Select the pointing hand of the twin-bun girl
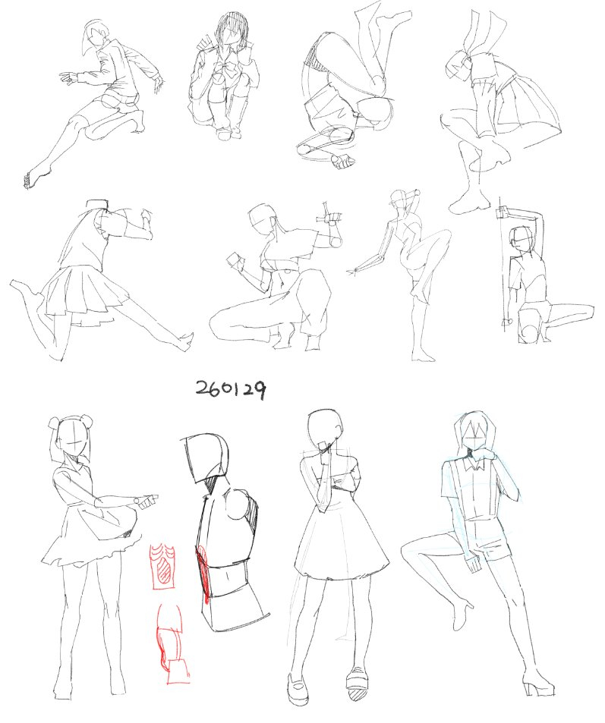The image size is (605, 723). tap(147, 501)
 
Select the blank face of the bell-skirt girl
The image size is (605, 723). tap(324, 429)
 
